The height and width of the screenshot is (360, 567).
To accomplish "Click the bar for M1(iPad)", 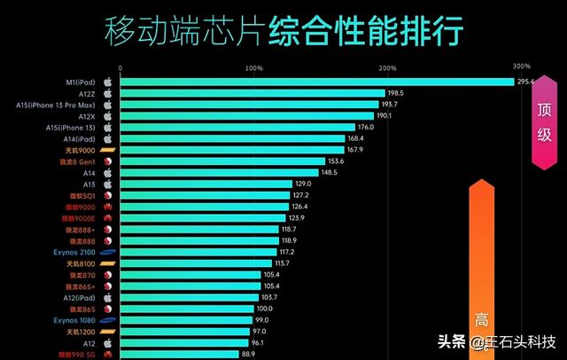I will click(316, 82).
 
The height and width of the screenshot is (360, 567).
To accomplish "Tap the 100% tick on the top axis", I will click(253, 68).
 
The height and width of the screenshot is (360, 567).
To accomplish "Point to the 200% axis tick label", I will click(387, 68).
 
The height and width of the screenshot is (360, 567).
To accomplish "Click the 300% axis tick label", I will click(521, 67).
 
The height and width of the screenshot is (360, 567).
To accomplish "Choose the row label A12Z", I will click(87, 93).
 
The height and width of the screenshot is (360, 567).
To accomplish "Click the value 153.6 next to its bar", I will click(336, 161).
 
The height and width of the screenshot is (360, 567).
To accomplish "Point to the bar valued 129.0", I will click(206, 184).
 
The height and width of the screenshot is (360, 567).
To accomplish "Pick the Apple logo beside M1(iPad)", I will click(107, 82).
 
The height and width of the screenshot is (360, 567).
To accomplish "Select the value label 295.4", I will click(526, 82).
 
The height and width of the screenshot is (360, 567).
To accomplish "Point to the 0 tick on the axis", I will click(120, 68).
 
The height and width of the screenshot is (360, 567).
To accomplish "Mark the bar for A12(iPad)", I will click(189, 297).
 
